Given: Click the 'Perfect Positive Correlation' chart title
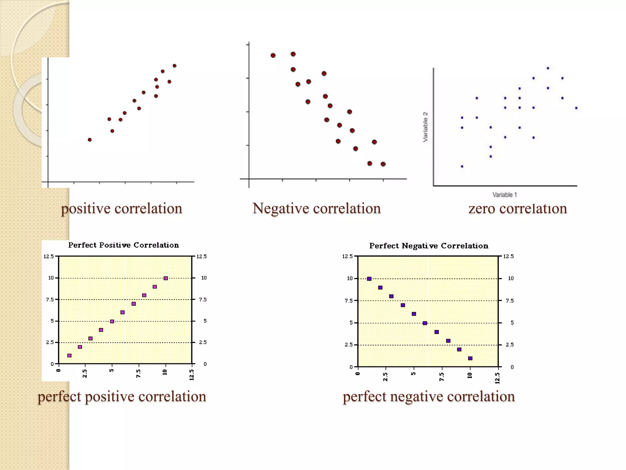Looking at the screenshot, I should (x=123, y=245).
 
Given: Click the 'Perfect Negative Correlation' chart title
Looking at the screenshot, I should (x=429, y=246).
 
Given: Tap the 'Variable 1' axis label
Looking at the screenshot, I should (x=504, y=195).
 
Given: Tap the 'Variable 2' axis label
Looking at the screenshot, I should (x=425, y=127).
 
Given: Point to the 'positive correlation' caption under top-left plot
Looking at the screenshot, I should (x=121, y=209).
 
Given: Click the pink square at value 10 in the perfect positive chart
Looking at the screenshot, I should (x=166, y=278).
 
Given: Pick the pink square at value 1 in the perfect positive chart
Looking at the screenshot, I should (x=69, y=356).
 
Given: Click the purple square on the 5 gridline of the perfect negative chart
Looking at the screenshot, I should (x=425, y=323).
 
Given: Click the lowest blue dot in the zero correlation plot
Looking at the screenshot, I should (x=462, y=166).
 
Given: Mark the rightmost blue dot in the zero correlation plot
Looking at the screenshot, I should (x=576, y=108).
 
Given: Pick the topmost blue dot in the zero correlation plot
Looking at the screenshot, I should (x=548, y=68).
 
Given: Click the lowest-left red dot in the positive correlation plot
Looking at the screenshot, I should (x=90, y=140).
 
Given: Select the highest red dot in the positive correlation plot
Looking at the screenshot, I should (x=175, y=66).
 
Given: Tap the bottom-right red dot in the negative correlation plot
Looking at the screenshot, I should (x=383, y=164).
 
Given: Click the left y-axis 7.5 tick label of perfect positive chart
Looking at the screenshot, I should (x=50, y=300).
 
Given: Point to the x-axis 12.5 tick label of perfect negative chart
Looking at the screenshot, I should (x=497, y=378).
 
